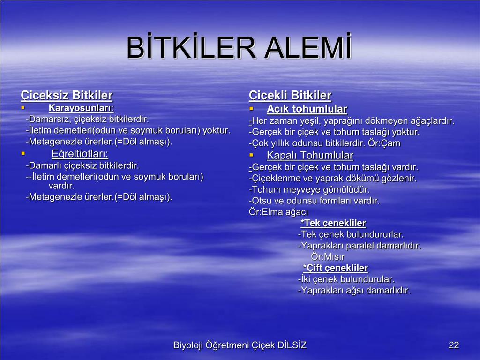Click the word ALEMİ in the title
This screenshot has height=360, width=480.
[308, 46]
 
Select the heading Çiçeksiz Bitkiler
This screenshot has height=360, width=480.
[67, 95]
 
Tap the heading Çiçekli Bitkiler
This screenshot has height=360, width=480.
[290, 95]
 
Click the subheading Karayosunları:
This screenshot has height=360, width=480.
[81, 108]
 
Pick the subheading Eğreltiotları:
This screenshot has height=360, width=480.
[80, 154]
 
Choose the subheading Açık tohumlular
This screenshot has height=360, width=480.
[307, 109]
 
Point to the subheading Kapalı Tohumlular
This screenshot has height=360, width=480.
[310, 155]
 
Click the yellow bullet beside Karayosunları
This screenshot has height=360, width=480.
[22, 107]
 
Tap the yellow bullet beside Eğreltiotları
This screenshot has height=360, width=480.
[23, 153]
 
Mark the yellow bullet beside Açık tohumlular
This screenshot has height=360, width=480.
[251, 109]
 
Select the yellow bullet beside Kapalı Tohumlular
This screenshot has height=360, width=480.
[251, 155]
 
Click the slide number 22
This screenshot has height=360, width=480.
[454, 345]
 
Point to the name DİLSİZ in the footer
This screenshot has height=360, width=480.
[292, 345]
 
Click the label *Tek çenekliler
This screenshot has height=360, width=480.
[333, 223]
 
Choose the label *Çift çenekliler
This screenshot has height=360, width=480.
[336, 268]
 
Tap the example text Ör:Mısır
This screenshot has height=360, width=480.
[328, 256]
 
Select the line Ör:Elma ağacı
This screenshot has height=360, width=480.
[278, 212]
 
